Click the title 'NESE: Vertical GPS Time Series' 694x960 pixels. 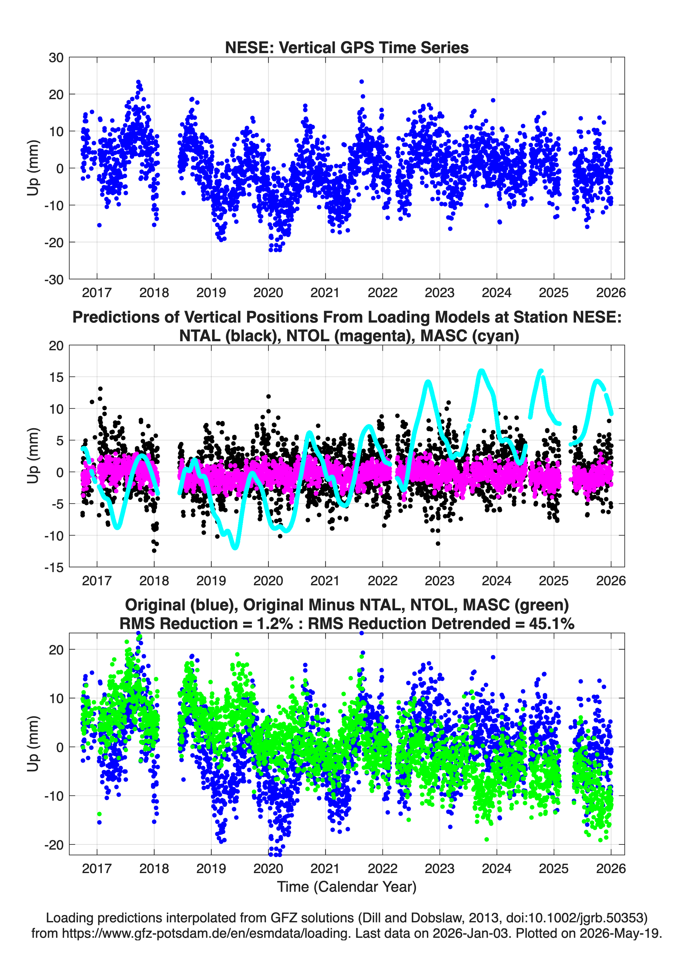click(x=347, y=47)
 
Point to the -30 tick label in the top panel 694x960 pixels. click(x=54, y=280)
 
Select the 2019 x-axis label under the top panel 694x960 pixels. click(x=211, y=293)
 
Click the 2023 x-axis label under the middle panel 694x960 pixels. click(x=439, y=580)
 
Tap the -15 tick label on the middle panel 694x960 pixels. click(x=54, y=568)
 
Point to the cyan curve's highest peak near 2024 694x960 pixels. click(x=481, y=371)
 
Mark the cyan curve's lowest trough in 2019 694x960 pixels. click(x=235, y=547)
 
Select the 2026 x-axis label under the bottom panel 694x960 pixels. click(x=611, y=868)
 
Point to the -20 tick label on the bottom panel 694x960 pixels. click(x=54, y=845)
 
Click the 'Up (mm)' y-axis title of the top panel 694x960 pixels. click(x=33, y=168)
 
